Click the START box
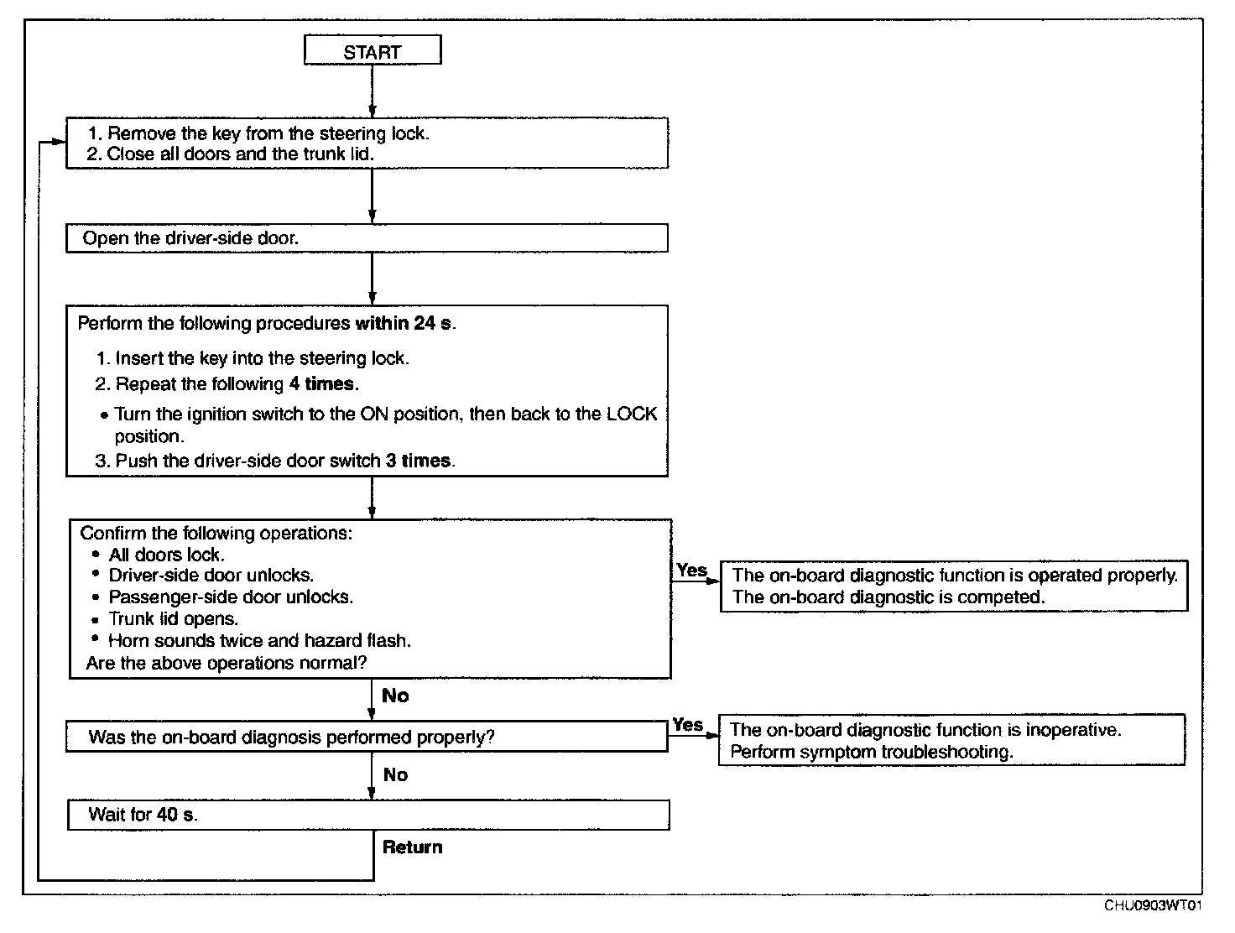[x=373, y=50]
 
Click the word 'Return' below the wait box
[x=413, y=847]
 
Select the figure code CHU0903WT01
[x=1153, y=905]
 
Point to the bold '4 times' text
[x=324, y=383]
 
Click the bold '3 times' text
[x=419, y=461]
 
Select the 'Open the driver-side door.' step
[x=190, y=238]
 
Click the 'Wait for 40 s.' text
[x=143, y=814]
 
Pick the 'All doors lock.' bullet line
[x=167, y=555]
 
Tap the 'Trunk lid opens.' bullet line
[x=174, y=618]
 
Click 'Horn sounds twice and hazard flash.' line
[x=259, y=640]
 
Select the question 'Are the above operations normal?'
[x=227, y=663]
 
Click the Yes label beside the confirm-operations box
[x=691, y=570]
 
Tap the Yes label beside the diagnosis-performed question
[x=688, y=724]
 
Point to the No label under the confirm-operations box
[x=395, y=696]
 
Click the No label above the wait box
[x=395, y=775]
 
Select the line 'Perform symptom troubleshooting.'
[x=872, y=752]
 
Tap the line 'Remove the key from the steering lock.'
[x=268, y=133]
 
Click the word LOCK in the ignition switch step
[x=631, y=414]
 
